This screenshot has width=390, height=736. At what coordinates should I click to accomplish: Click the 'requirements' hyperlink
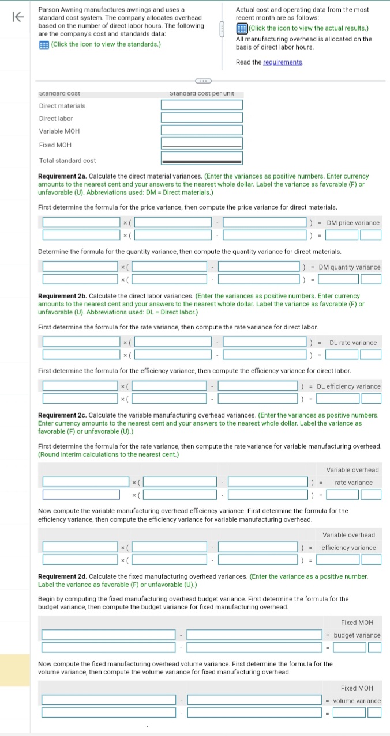(x=283, y=62)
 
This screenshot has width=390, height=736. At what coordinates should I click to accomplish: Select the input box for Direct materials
(x=201, y=105)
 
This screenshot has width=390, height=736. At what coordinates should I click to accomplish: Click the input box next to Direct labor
(x=201, y=117)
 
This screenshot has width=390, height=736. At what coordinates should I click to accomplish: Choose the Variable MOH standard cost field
(x=201, y=130)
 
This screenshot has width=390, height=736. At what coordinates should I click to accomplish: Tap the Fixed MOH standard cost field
(x=201, y=143)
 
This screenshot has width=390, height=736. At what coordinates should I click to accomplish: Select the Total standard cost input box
(x=201, y=158)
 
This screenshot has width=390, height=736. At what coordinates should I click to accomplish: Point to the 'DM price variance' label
(x=353, y=223)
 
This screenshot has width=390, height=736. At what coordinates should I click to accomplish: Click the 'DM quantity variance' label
(x=350, y=267)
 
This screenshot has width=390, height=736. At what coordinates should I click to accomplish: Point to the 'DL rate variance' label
(x=353, y=343)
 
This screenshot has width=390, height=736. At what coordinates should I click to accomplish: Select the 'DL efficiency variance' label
(x=348, y=386)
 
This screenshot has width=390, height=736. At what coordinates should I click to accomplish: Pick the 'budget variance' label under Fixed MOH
(x=357, y=635)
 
